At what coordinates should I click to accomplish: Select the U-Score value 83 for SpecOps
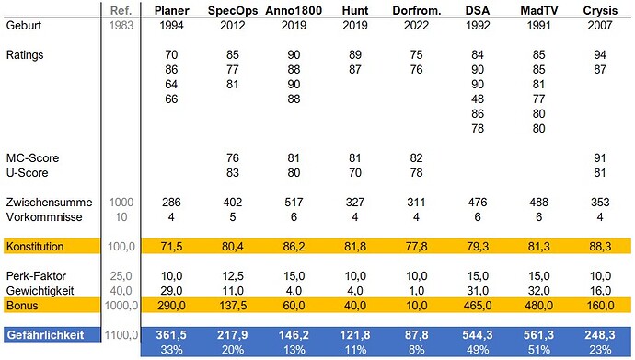[x=233, y=172]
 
